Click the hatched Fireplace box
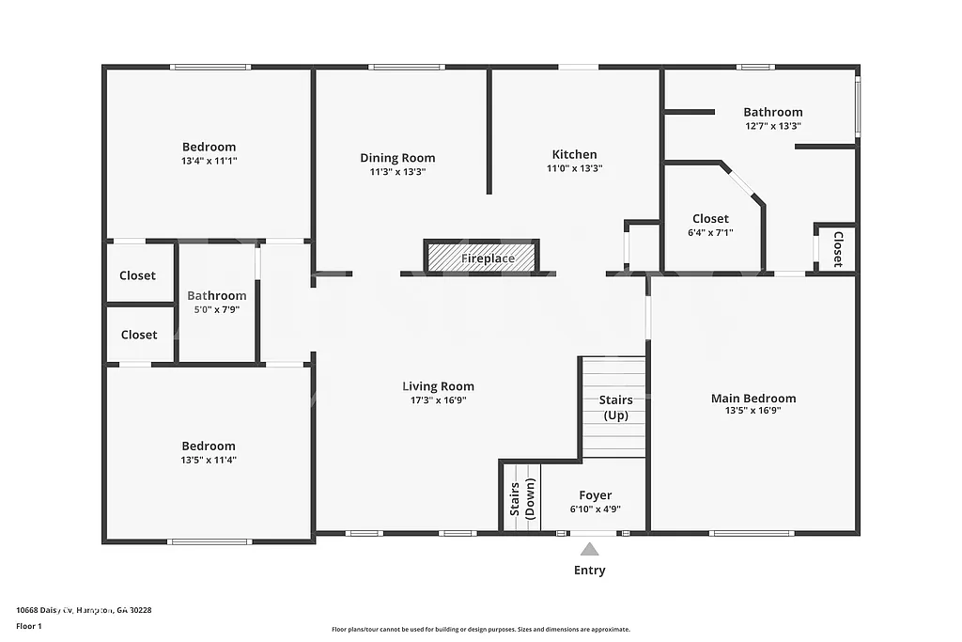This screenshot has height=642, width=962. (483, 256)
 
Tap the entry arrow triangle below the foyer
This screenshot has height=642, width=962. (589, 549)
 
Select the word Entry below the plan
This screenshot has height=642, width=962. (589, 571)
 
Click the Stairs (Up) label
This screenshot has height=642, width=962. (615, 407)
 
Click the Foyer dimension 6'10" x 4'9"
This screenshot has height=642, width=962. (595, 509)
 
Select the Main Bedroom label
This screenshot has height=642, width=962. (753, 398)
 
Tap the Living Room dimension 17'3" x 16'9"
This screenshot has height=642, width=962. (438, 399)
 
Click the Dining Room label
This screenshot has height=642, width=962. (397, 158)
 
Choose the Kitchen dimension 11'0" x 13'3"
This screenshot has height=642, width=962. (574, 169)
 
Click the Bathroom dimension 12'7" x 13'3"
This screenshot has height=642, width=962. (772, 126)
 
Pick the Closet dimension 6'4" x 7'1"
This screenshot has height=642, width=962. (710, 232)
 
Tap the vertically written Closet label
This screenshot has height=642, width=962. (838, 249)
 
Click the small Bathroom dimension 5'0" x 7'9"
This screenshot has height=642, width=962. (216, 309)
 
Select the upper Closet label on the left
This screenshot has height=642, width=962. (138, 275)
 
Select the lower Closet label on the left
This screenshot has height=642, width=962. (138, 335)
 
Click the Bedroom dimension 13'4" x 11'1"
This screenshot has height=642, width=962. (209, 161)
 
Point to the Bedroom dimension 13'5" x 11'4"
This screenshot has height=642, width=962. (209, 460)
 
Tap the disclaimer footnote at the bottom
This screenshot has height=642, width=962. (480, 630)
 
